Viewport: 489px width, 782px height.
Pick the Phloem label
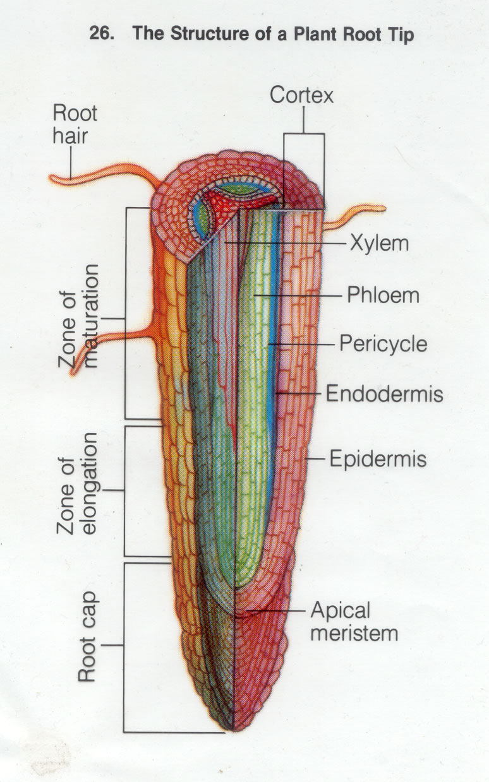coord(383,294)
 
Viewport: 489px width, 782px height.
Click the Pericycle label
coord(383,344)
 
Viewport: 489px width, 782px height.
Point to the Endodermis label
coord(384,394)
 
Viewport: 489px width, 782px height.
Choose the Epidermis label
coord(378,459)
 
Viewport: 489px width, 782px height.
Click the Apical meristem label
coord(354,622)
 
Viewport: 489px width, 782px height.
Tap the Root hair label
coord(75,124)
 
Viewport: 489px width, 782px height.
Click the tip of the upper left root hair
coord(53,179)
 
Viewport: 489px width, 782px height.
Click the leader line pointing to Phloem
coord(297,295)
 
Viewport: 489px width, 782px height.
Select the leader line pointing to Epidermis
coord(316,459)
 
